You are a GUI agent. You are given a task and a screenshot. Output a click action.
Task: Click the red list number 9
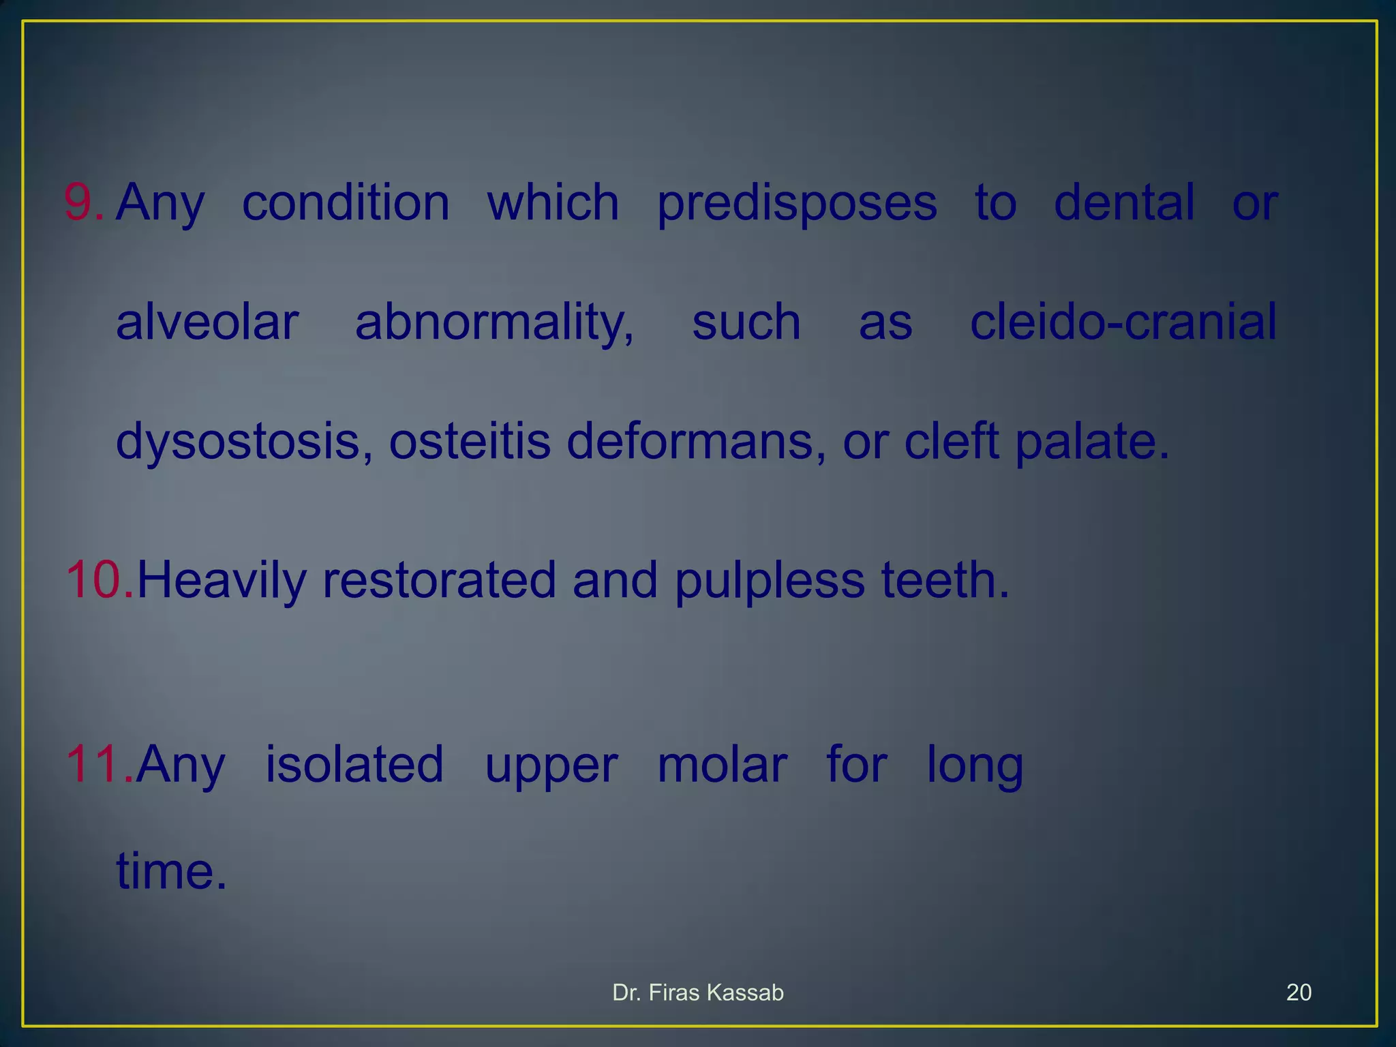coord(83,202)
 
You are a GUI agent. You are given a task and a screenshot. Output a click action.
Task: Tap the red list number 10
coord(100,580)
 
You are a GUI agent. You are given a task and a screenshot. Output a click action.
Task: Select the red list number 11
coord(100,764)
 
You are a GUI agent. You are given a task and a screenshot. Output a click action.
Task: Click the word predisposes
coord(797,204)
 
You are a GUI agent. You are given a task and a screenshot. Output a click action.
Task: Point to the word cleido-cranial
coord(1123,322)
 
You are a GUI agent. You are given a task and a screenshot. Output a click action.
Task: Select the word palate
coord(1091,442)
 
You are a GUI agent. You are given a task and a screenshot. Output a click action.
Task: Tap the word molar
coord(722,765)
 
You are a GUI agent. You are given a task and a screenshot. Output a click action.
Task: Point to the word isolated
coord(354,764)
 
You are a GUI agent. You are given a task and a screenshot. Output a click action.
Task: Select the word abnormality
coord(494,323)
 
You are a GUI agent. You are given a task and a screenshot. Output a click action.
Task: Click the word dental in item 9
coord(1124,202)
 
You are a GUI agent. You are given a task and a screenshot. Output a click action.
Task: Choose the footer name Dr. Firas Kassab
coord(697,992)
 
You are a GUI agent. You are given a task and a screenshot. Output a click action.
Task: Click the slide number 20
coord(1298,992)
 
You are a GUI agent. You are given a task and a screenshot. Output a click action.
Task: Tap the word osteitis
coord(469,441)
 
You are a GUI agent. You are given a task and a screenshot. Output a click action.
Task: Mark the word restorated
coord(439,580)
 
